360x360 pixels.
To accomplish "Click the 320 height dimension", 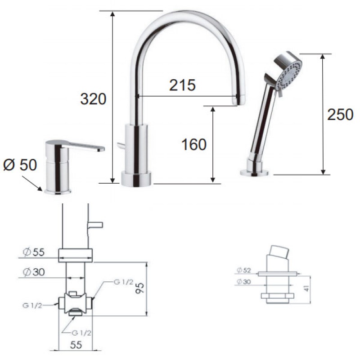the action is coord(93,99).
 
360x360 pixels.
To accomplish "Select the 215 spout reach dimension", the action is coord(182,85).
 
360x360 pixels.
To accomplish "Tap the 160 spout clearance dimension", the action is coord(194,144).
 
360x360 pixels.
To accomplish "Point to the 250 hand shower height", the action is coord(340,115).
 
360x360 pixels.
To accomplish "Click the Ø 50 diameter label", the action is coord(20,165).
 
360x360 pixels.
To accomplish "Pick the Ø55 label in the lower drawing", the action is coord(34,252).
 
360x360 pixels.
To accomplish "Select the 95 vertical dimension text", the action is coord(139,288).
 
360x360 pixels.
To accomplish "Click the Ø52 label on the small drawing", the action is coord(244,270).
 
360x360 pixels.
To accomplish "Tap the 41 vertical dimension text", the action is coord(306,288).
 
